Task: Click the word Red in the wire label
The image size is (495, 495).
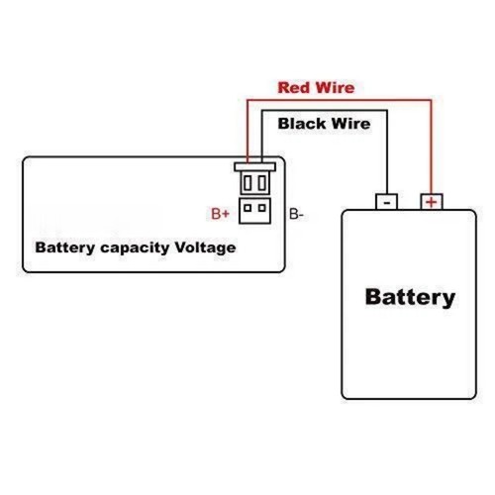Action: click(293, 87)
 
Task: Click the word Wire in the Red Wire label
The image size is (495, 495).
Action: click(333, 87)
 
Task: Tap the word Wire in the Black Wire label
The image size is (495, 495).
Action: click(348, 124)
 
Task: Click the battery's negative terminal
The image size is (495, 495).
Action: click(386, 201)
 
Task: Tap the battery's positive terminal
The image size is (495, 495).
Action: click(432, 201)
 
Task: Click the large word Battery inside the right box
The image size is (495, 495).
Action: click(410, 296)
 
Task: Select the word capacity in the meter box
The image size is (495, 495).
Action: click(132, 247)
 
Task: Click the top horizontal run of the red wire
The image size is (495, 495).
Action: click(337, 99)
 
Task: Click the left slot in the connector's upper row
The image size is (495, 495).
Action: click(247, 183)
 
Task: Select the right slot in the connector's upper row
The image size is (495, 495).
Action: click(261, 183)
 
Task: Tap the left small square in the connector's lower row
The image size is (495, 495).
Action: click(247, 208)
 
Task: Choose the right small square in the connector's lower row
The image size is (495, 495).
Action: click(261, 208)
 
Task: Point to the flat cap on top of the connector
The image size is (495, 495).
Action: click(254, 167)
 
